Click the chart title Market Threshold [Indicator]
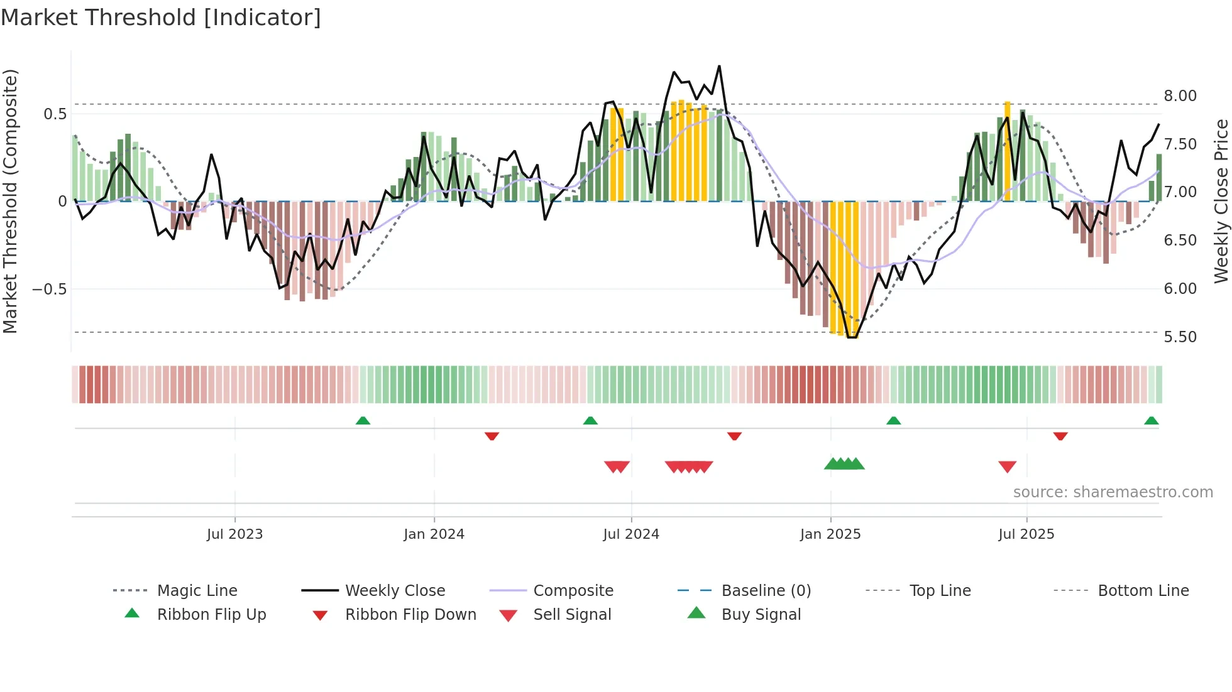tap(161, 18)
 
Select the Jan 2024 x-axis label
tap(434, 534)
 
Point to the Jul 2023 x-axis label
tap(234, 534)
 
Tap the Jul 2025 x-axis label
tap(1026, 534)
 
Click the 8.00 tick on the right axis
tap(1180, 96)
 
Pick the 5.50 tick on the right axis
tap(1180, 337)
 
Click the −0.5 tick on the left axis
tap(49, 289)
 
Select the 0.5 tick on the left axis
tap(55, 114)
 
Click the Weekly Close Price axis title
tap(1221, 201)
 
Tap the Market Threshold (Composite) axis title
tap(10, 201)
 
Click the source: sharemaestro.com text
tap(1113, 492)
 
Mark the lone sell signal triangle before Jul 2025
tap(1007, 467)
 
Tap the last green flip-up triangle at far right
tap(1151, 421)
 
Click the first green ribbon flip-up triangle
tap(363, 421)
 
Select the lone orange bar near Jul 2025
tap(1007, 151)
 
